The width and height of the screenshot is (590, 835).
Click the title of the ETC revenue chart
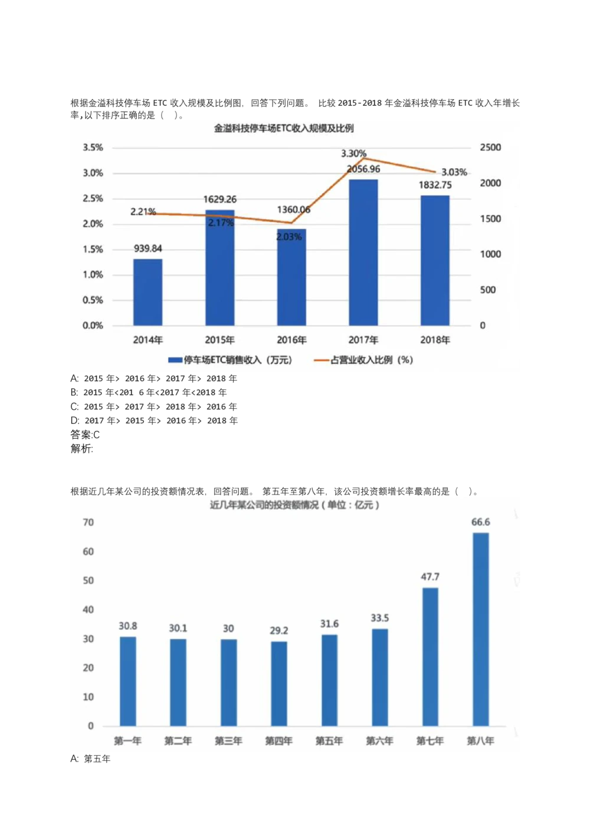tap(283, 129)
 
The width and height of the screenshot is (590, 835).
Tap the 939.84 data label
tap(147, 248)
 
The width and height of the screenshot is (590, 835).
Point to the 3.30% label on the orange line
tap(353, 153)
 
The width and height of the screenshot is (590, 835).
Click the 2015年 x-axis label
tap(219, 340)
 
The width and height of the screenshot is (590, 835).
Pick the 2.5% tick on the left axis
tap(93, 198)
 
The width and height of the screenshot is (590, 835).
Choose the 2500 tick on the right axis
tap(490, 148)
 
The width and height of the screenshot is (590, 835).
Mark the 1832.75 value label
tap(435, 185)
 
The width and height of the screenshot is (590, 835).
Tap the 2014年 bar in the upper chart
tap(147, 292)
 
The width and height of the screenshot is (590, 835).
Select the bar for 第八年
tap(480, 629)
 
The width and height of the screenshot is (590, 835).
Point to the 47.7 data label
tap(430, 577)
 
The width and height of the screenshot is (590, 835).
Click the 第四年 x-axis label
tap(278, 741)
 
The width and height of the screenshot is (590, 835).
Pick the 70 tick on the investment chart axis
tap(88, 522)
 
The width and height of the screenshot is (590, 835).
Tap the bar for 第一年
tap(127, 681)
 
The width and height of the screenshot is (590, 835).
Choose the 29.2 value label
tap(278, 630)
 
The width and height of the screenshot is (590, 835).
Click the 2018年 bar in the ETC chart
tap(435, 260)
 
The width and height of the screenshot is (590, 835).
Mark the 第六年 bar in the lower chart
tap(379, 677)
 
